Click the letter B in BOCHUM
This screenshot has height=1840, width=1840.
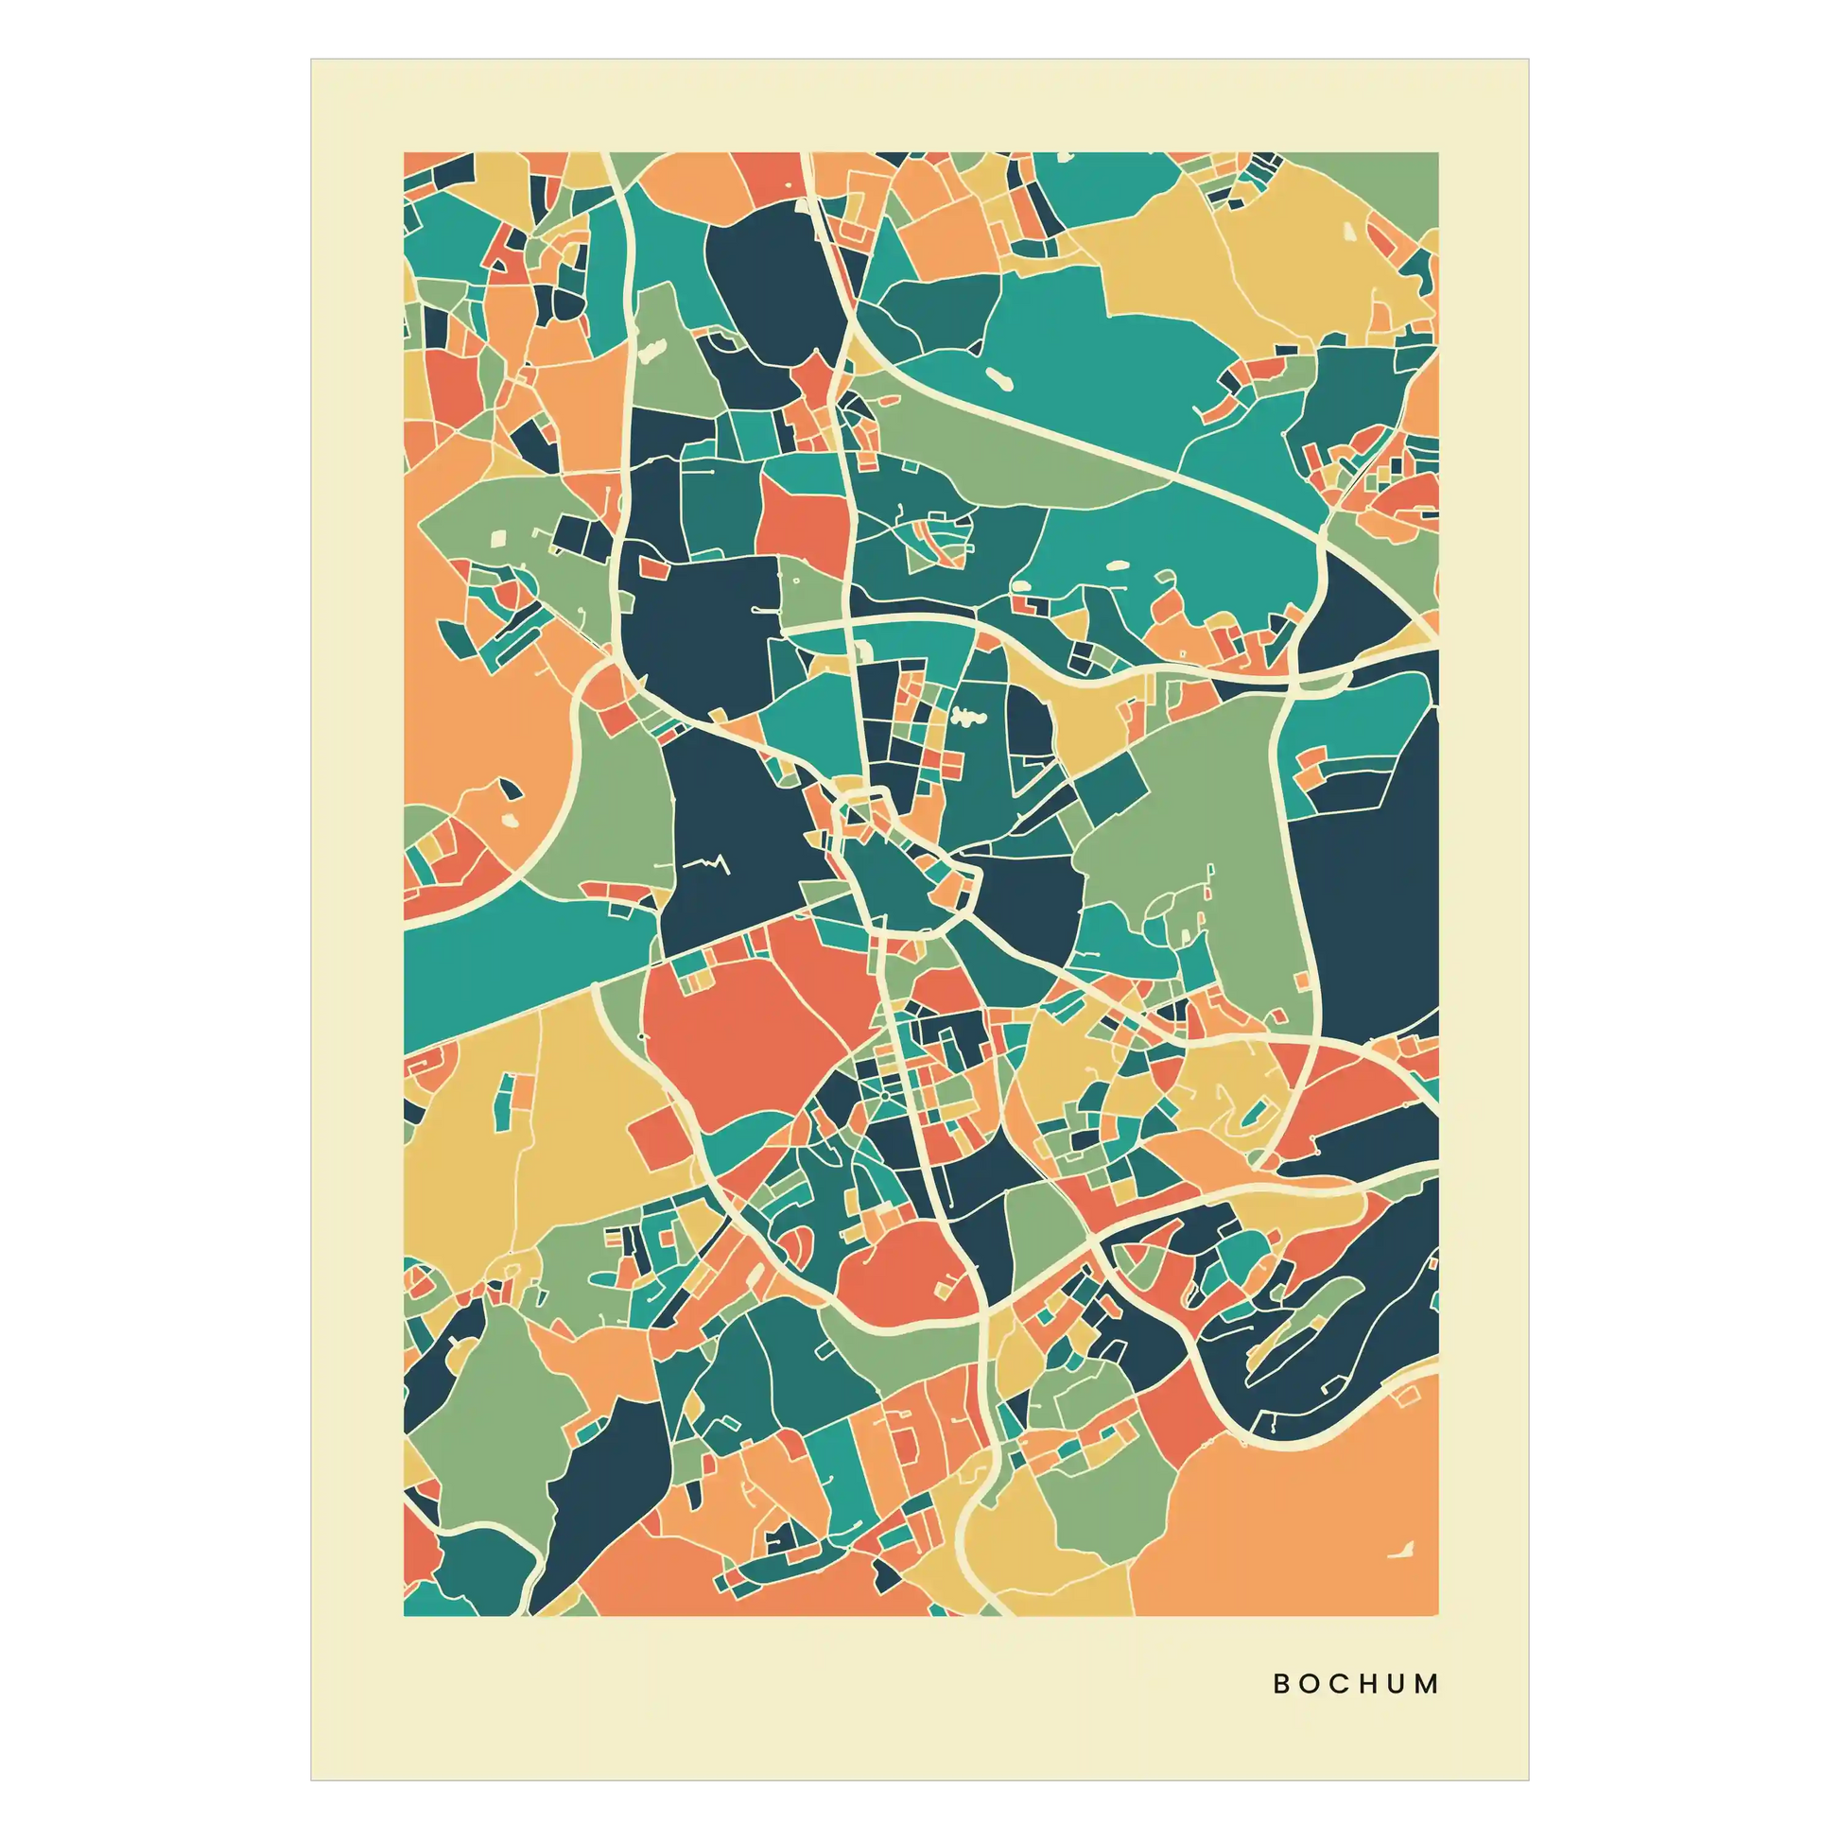point(1282,1684)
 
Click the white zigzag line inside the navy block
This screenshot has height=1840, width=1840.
point(705,864)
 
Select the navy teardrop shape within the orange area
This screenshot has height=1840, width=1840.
point(511,789)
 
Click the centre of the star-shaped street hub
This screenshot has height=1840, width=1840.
point(885,1095)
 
